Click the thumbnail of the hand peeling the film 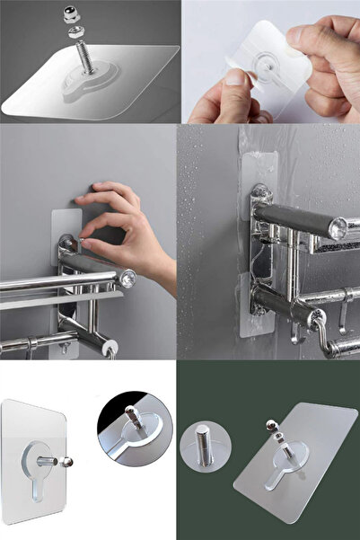click(270, 60)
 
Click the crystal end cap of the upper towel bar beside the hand click(128, 279)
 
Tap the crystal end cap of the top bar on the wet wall click(338, 228)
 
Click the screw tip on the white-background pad click(70, 462)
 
